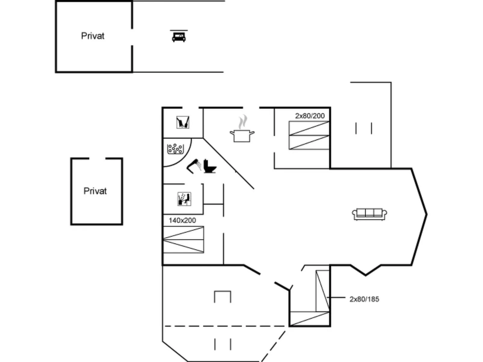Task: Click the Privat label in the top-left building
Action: (93, 36)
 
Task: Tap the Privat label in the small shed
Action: (95, 191)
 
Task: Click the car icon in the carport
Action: (179, 36)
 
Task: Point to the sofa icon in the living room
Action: (369, 214)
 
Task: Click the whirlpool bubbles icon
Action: (175, 149)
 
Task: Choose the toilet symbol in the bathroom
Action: (210, 166)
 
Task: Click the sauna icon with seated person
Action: (184, 199)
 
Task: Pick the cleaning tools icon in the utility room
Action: (183, 122)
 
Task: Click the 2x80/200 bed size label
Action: (310, 116)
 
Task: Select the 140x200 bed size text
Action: (182, 220)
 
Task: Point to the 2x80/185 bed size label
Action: (365, 299)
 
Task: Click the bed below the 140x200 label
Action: (183, 239)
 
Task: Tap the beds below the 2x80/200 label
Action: (309, 135)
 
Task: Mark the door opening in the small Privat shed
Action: (97, 158)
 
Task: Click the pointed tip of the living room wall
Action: (426, 214)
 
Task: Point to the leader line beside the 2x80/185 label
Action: (336, 298)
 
